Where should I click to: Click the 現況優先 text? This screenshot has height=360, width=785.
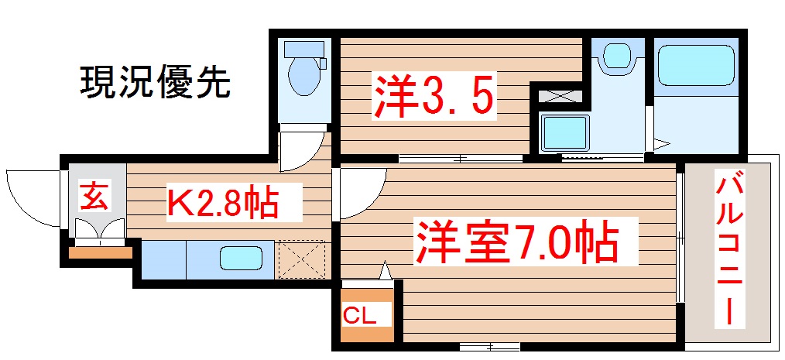pyautogui.click(x=155, y=82)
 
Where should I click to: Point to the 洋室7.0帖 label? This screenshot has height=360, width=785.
pyautogui.click(x=517, y=242)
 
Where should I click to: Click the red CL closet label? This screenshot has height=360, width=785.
pyautogui.click(x=360, y=316)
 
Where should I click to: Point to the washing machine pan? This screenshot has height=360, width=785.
pyautogui.click(x=565, y=133)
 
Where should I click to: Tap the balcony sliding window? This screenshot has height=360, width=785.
pyautogui.click(x=680, y=236)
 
